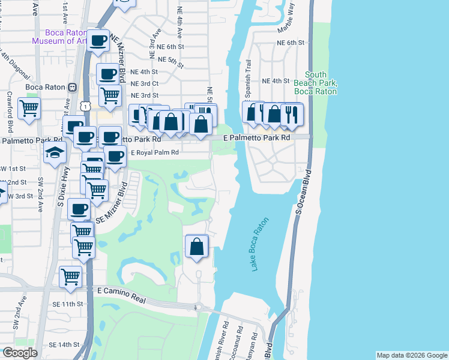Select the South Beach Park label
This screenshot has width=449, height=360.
315,83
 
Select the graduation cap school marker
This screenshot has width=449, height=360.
55,152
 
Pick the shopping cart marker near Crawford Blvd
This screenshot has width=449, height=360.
28,109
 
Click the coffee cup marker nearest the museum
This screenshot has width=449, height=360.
98,41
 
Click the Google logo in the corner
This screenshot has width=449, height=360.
20,353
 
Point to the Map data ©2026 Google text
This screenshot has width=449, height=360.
411,355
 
